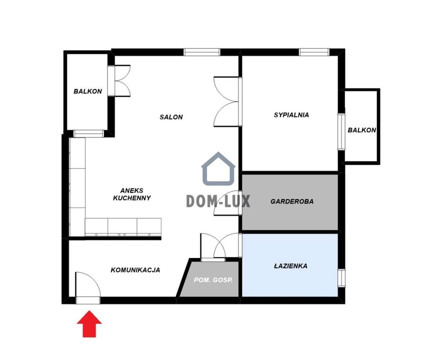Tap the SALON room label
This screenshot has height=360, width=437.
171,117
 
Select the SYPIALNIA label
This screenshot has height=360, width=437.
291,115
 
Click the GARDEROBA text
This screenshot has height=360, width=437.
292,201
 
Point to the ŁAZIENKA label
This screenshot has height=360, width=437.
290,266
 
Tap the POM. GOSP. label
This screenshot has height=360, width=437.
213,280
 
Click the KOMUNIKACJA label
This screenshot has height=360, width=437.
135,270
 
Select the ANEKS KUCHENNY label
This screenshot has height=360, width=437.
132,194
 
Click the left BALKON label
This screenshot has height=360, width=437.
87,92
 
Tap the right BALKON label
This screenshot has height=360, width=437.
361,130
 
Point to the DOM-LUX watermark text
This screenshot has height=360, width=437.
218,201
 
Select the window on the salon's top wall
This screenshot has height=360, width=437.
202,52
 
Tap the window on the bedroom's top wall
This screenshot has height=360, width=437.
314,52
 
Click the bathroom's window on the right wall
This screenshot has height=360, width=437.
341,277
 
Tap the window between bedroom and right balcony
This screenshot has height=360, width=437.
341,132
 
